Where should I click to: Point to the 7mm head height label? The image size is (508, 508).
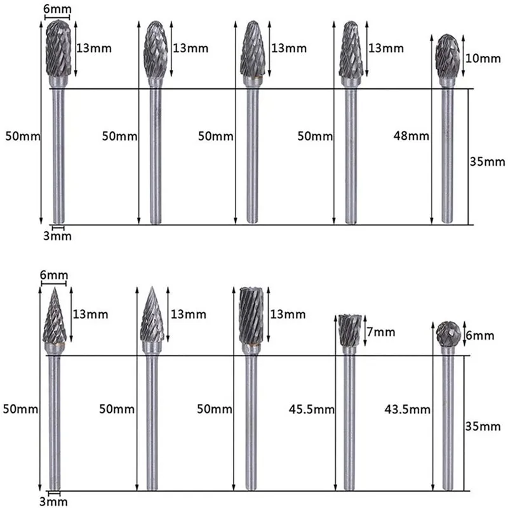click(x=381, y=332)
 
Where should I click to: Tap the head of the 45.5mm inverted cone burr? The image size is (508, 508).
click(x=347, y=330)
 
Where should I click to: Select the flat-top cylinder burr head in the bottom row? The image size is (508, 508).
click(x=251, y=317)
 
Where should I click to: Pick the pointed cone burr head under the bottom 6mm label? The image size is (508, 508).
click(x=55, y=317)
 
